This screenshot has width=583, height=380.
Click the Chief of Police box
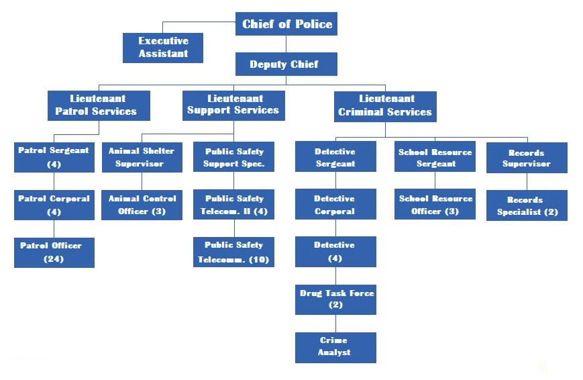[x=286, y=24]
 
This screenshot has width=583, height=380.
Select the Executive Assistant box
[x=163, y=48]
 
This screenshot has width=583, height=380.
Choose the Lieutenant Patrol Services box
[x=99, y=105]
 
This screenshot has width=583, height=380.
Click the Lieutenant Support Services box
[x=233, y=105]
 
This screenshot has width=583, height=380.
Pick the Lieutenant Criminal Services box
[x=385, y=106]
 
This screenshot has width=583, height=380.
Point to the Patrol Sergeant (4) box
[x=54, y=157]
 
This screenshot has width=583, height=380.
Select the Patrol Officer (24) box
[x=54, y=252]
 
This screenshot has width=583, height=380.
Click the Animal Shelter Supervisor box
[x=142, y=157]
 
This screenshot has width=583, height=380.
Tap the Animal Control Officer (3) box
[x=142, y=205]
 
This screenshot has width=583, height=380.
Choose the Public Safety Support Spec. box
[x=234, y=157]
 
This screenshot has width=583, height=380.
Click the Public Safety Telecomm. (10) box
[x=234, y=252]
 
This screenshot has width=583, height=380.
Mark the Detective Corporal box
[x=335, y=205]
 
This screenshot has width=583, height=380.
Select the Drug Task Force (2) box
[x=335, y=299]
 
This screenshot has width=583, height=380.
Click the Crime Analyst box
[x=335, y=347]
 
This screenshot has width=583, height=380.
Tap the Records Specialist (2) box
[x=527, y=205]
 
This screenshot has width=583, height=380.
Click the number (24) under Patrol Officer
[x=53, y=258]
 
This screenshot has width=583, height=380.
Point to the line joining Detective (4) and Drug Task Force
[x=335, y=275]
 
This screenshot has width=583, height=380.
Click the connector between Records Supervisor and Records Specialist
[x=527, y=181]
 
